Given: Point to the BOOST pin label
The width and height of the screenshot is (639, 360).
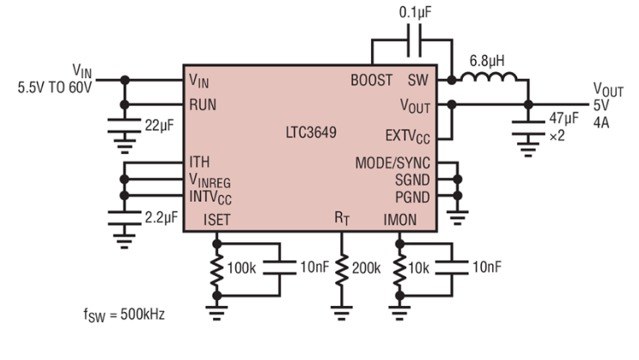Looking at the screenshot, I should [x=372, y=80].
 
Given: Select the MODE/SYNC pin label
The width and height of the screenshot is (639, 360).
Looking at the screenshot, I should [x=394, y=163].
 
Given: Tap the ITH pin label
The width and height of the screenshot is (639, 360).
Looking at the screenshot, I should [x=200, y=162].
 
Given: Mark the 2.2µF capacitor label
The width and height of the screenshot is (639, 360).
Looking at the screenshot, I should [x=159, y=217].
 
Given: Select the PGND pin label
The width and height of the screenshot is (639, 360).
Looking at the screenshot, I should [x=413, y=196].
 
